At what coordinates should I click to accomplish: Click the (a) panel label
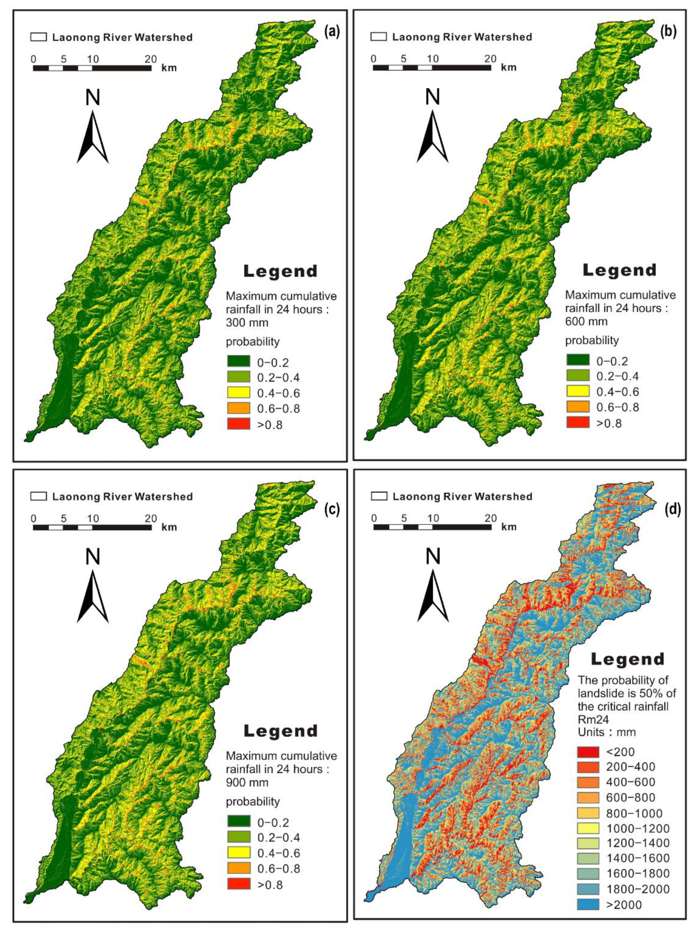(x=331, y=33)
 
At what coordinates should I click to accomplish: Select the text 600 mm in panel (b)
(x=587, y=321)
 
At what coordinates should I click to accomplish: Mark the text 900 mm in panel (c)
(x=247, y=783)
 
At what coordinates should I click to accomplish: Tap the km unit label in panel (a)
(x=169, y=68)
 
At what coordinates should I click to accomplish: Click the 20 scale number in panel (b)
(x=490, y=58)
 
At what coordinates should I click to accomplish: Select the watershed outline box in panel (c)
(x=38, y=496)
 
